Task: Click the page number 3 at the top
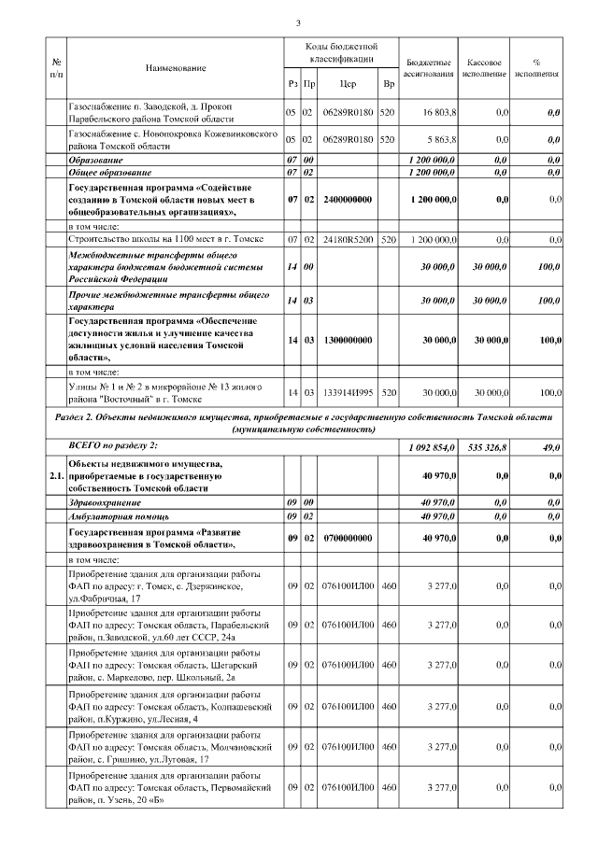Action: (x=297, y=22)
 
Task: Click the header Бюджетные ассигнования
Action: (x=429, y=67)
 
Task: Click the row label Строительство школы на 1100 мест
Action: (x=145, y=239)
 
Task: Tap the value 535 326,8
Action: (x=489, y=448)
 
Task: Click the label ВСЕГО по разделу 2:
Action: (x=114, y=448)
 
